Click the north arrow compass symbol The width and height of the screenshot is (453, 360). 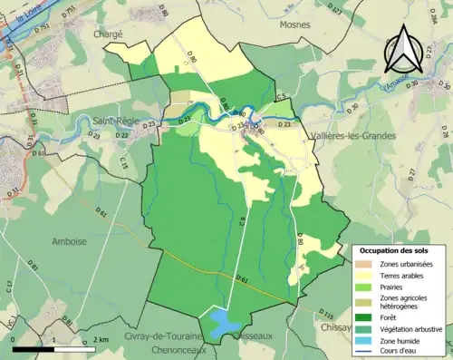[x=404, y=49]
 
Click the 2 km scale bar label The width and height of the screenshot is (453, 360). [x=100, y=339]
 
